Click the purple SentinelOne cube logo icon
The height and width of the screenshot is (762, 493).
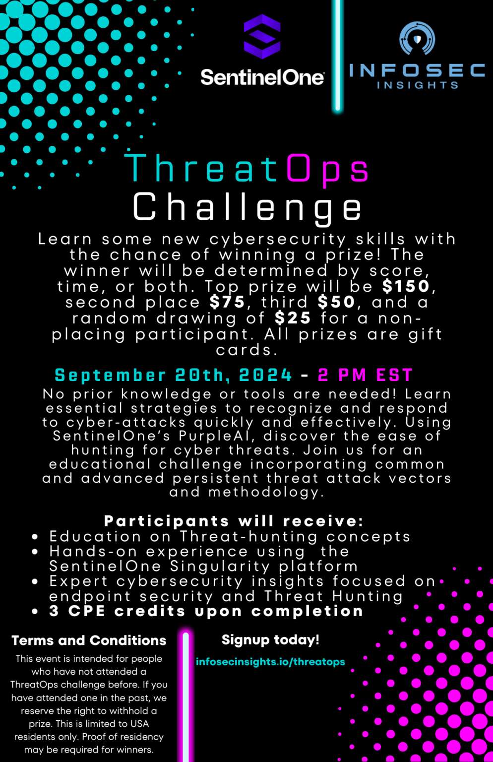click(x=262, y=37)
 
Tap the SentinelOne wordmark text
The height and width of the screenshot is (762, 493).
click(x=262, y=77)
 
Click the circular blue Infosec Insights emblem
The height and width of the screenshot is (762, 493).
click(x=417, y=38)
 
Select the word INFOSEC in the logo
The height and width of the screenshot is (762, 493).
click(x=417, y=70)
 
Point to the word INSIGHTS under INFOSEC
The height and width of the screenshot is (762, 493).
click(x=417, y=85)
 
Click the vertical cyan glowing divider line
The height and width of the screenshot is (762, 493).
click(x=338, y=55)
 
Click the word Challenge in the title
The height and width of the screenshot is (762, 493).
click(x=247, y=207)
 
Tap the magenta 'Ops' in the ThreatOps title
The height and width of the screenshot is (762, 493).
click(x=327, y=169)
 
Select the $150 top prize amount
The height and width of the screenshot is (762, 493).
click(x=406, y=286)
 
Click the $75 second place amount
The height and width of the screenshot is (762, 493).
click(x=227, y=302)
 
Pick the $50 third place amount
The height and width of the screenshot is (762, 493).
click(x=336, y=302)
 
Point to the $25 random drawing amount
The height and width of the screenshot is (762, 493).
click(x=293, y=317)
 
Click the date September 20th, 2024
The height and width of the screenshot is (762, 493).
click(x=174, y=375)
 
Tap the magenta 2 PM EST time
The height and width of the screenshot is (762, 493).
click(x=365, y=375)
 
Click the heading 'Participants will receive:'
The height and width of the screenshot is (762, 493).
click(x=234, y=521)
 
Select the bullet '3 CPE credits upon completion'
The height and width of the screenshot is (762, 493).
click(x=206, y=611)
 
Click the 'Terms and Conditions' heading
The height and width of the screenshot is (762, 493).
click(x=89, y=640)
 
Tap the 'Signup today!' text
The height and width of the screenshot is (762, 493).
click(x=270, y=640)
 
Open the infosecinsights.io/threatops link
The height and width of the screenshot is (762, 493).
click(x=270, y=662)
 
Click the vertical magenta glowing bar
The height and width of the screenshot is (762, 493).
click(x=186, y=695)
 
